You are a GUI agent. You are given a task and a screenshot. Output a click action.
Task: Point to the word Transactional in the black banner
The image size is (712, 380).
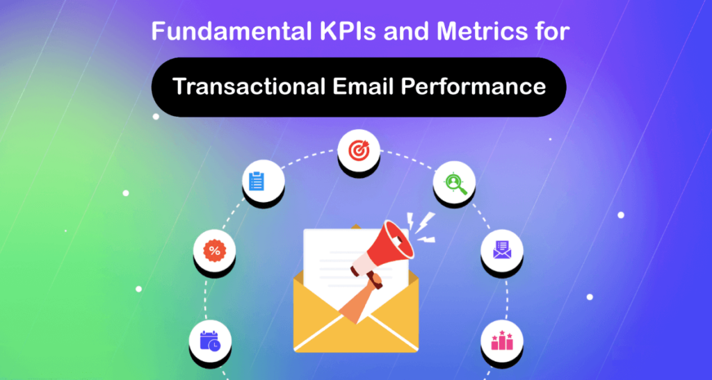coord(241,87)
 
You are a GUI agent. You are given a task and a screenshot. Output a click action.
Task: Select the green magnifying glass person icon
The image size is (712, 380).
coord(454,183)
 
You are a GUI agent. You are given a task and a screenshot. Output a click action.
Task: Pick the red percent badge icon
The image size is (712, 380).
coord(214,250)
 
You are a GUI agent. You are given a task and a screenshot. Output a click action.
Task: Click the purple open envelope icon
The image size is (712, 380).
coord(501,249)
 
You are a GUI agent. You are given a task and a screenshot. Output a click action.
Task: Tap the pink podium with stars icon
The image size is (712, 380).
coord(501,340)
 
